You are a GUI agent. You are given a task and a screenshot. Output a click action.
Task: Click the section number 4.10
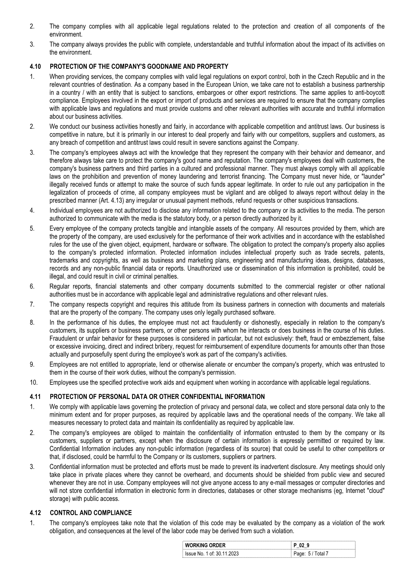point(35,67)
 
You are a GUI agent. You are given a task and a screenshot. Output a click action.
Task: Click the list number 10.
point(34,383)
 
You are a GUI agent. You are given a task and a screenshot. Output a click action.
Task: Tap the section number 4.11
point(35,397)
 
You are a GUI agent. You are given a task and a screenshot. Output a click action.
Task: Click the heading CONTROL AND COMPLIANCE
point(91,513)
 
